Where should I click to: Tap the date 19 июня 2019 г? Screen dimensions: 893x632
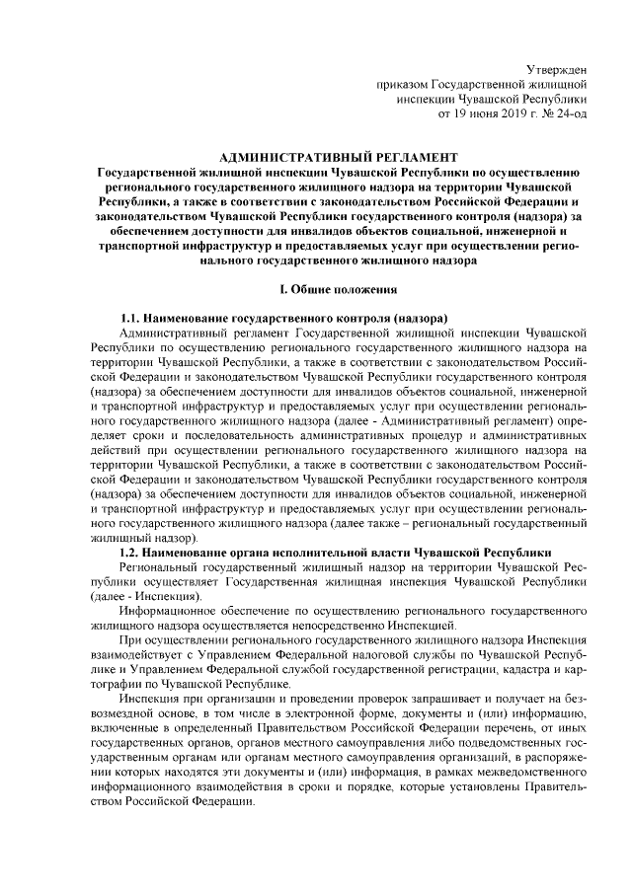pos(498,113)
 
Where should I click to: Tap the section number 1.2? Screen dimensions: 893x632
pos(130,553)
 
